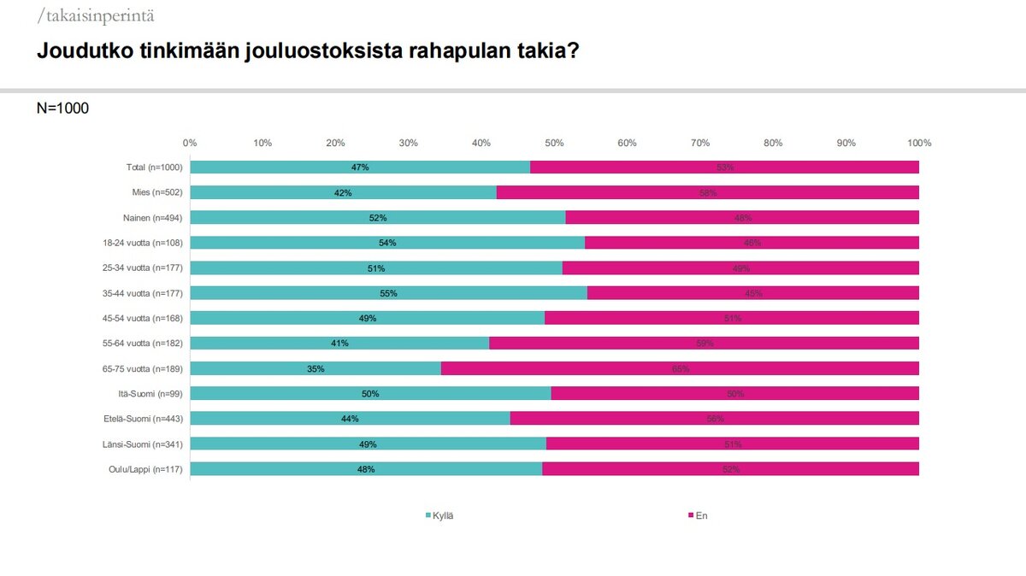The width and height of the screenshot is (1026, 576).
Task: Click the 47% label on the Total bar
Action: (x=360, y=168)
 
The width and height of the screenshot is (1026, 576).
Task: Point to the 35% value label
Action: (x=315, y=369)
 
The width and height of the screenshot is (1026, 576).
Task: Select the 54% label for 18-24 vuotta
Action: (x=387, y=243)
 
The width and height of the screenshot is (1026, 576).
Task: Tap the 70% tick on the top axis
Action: (x=700, y=143)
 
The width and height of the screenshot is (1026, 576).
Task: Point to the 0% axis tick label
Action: (x=191, y=143)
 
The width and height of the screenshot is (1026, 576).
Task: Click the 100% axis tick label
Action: (x=919, y=143)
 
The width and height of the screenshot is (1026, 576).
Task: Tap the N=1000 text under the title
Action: (x=62, y=109)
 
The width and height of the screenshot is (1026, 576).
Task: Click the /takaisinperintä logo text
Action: (x=96, y=16)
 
